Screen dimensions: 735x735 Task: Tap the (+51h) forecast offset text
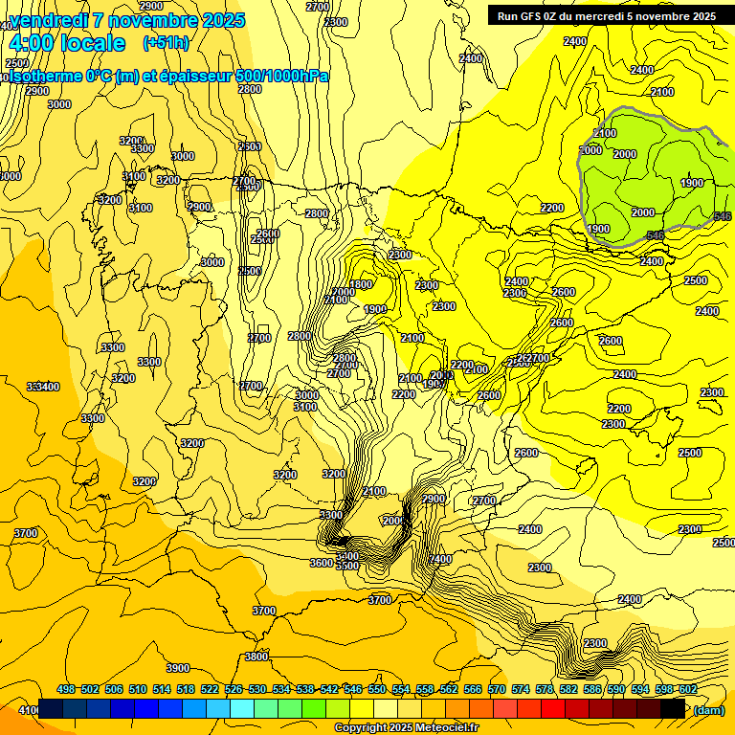(166, 42)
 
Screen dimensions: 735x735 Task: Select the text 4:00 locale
(67, 43)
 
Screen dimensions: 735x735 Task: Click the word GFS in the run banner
(537, 15)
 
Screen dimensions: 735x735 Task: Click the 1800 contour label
(361, 284)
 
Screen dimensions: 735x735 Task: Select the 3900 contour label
(178, 668)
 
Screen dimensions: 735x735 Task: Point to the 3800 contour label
(256, 657)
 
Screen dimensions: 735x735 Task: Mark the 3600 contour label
(322, 563)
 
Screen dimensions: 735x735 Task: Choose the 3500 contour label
(347, 566)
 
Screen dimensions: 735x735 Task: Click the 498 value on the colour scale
(66, 690)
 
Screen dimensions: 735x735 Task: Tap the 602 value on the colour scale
(688, 690)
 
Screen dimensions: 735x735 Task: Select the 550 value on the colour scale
(377, 690)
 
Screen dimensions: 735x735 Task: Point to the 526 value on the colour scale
(234, 690)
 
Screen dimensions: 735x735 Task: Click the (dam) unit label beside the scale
(708, 709)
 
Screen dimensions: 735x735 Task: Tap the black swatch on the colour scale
(673, 709)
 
